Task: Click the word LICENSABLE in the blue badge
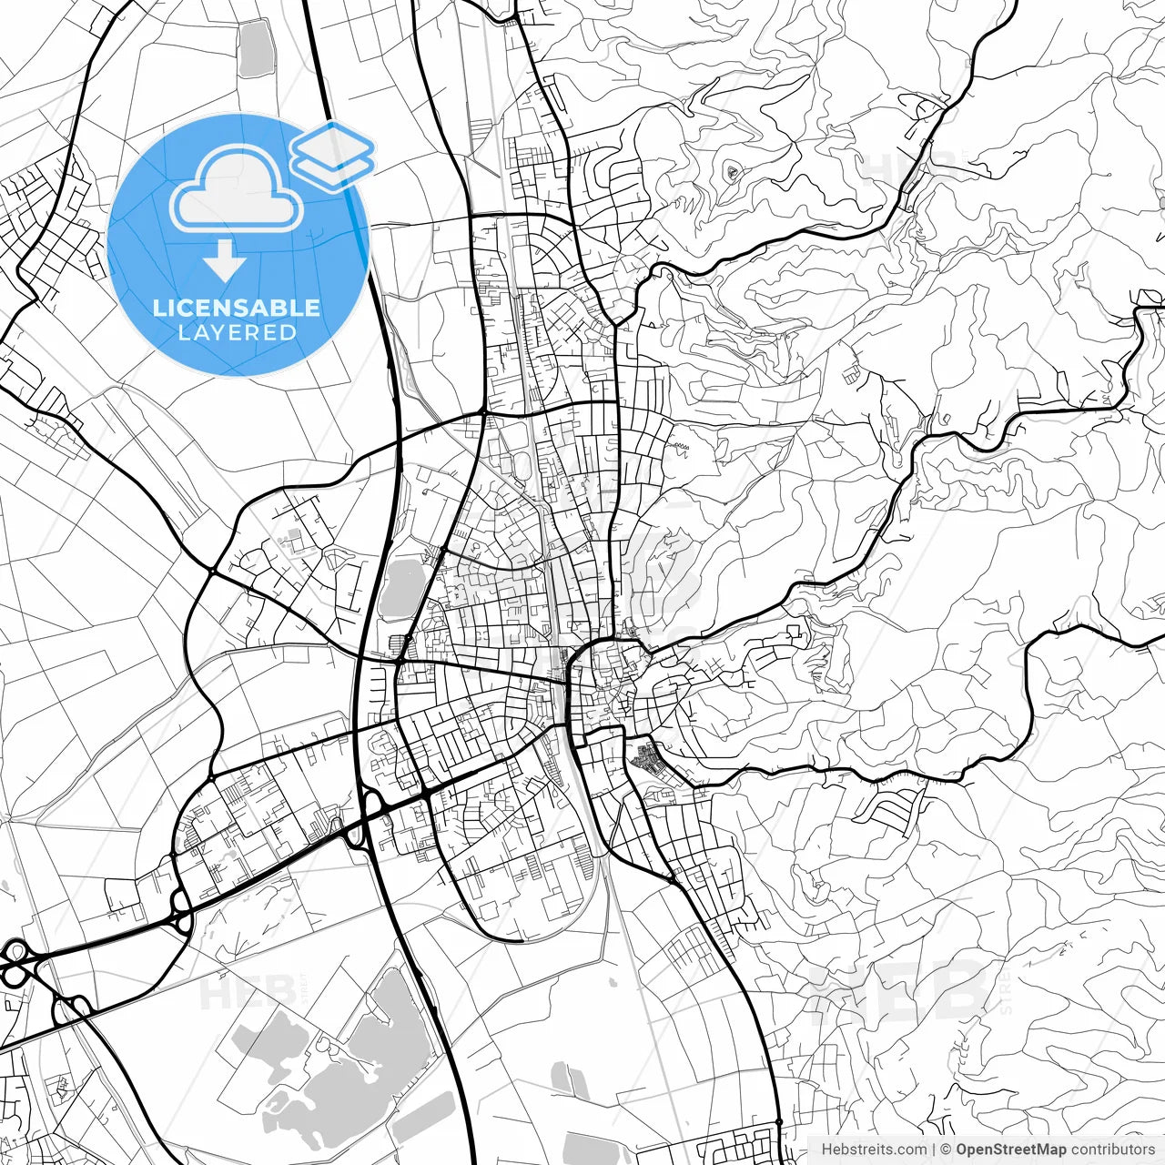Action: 237,308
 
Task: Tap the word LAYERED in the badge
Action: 237,333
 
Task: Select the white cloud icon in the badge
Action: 237,188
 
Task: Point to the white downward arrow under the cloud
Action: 224,262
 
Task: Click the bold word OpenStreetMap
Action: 1011,1150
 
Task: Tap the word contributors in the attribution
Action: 1112,1150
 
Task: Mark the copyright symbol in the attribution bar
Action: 947,1150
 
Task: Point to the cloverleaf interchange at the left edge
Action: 15,964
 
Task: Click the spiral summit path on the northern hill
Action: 733,171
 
